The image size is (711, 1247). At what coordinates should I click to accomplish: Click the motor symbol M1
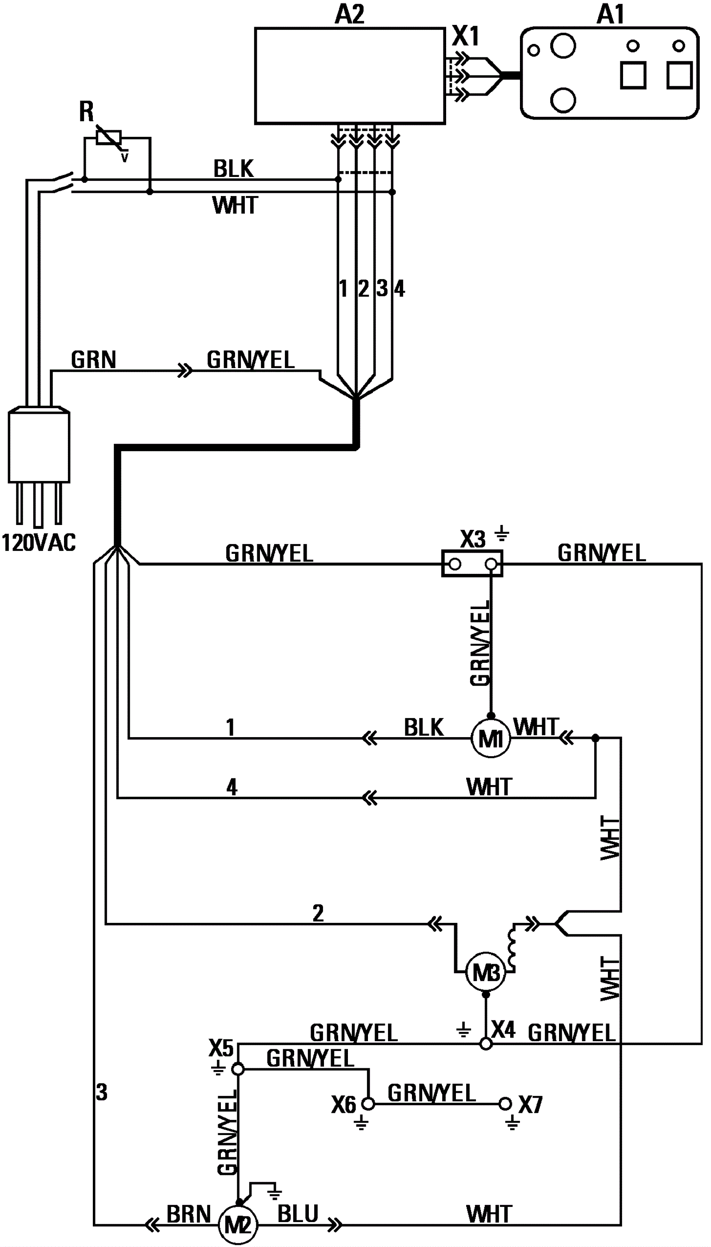490,739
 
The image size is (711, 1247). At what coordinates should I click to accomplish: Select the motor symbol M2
237,1224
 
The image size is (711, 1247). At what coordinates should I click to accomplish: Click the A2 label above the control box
350,14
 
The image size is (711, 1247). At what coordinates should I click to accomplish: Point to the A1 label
611,14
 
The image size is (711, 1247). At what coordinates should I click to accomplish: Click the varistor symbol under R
109,138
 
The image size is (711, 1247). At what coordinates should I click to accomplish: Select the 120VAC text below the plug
39,543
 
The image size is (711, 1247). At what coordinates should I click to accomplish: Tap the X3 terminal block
472,564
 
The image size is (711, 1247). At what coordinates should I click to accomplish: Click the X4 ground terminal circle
486,1044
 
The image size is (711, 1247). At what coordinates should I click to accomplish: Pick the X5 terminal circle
237,1069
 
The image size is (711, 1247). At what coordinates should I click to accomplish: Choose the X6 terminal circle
368,1103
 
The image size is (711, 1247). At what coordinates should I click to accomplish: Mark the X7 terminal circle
506,1103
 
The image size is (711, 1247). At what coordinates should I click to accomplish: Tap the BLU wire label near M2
298,1214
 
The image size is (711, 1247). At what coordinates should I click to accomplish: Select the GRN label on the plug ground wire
93,360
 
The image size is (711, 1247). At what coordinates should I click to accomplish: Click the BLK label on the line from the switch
233,169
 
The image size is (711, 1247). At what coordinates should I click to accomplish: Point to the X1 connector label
466,36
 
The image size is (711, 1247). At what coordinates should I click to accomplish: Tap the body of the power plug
39,445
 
